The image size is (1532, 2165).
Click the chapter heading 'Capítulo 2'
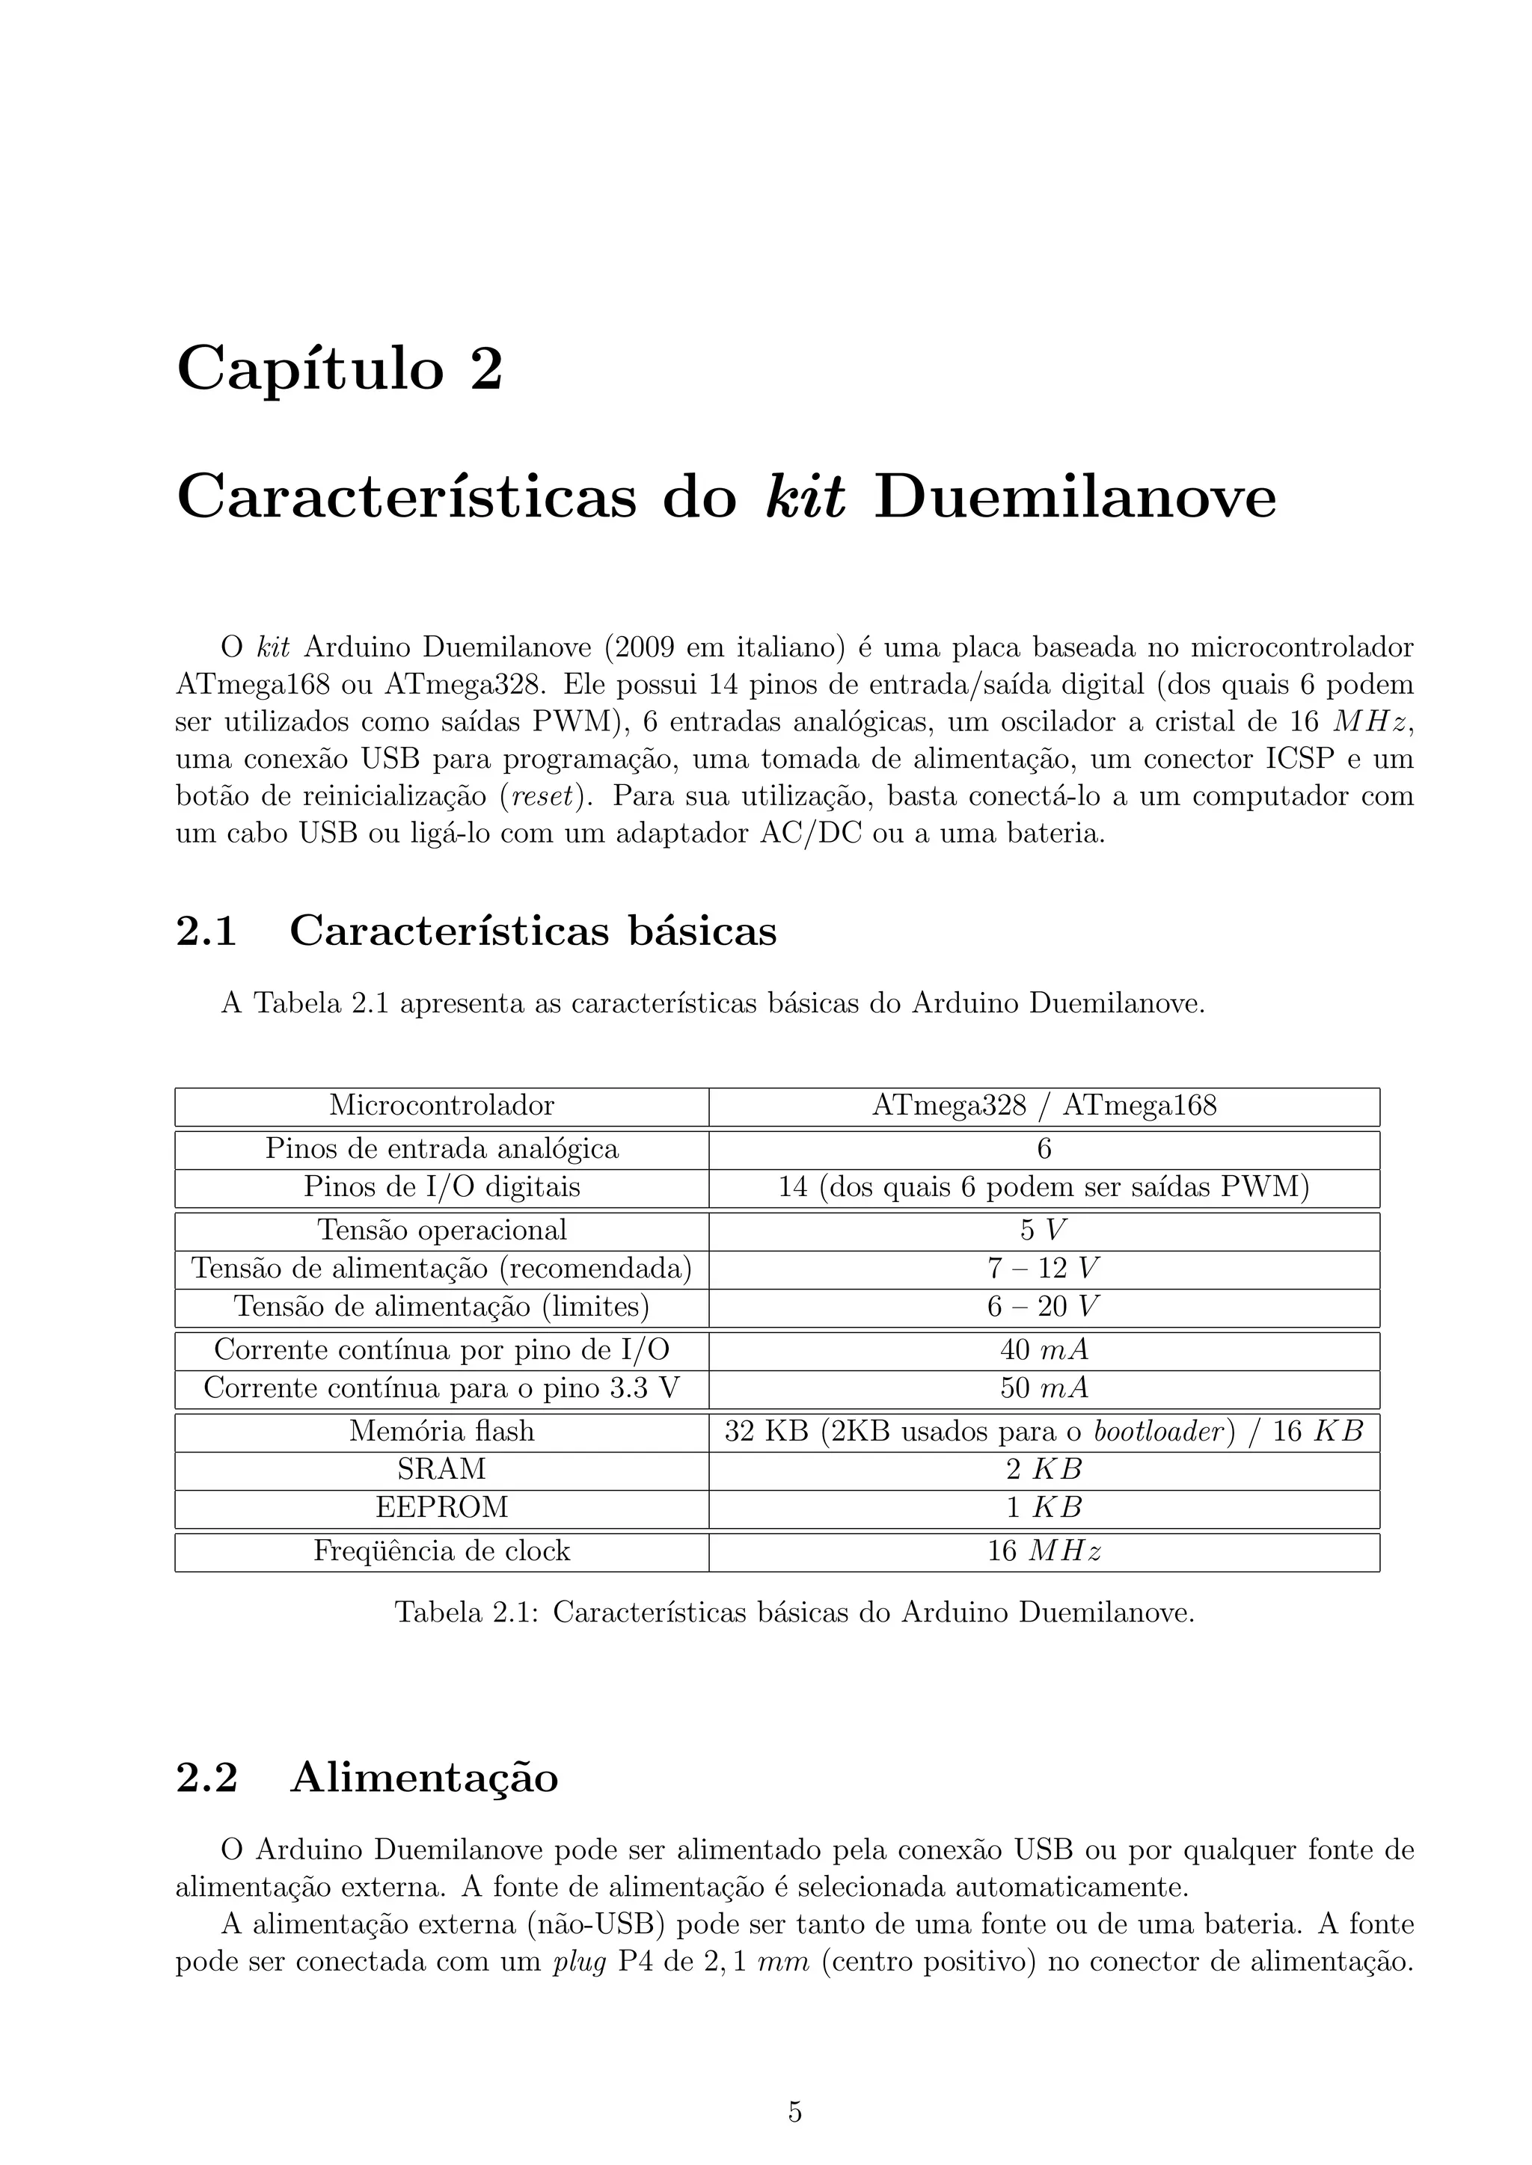(340, 369)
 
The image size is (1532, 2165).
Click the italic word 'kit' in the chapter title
(805, 498)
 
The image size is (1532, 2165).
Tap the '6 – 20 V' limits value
(1044, 1306)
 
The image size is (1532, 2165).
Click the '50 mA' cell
(1044, 1388)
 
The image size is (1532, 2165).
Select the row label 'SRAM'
(441, 1469)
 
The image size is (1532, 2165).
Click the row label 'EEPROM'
(441, 1507)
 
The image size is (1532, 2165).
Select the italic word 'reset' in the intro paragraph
(542, 796)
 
